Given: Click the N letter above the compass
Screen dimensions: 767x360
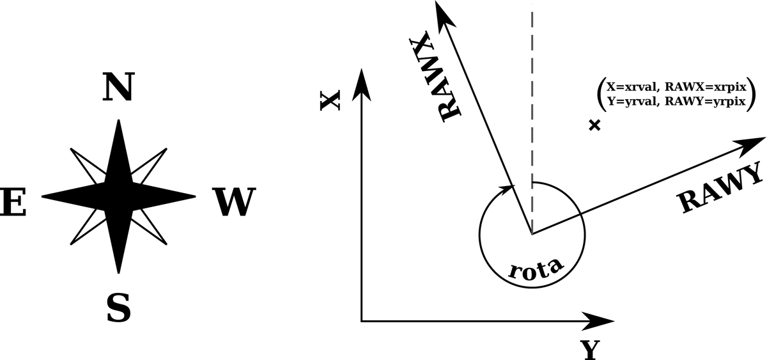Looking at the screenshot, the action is (118, 87).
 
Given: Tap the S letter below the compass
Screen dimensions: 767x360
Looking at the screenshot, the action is (119, 308).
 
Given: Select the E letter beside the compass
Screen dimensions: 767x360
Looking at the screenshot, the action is (13, 202).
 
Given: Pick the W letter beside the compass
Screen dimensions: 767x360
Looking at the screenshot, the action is (234, 202).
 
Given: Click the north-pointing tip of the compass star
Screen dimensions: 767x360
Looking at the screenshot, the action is (118, 120).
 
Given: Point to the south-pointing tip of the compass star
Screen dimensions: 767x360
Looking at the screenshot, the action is (118, 273).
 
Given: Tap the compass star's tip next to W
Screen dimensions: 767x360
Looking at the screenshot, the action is (195, 196).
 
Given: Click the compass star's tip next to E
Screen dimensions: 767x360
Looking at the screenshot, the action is (42, 196).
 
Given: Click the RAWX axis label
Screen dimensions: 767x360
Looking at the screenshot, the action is (435, 77).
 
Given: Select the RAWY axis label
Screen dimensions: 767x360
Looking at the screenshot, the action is (722, 189).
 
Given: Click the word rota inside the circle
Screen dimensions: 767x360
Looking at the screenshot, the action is (535, 268).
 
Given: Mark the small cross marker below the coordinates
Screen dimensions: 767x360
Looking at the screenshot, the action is (595, 125).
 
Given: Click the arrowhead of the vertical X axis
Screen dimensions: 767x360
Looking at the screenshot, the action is (362, 86).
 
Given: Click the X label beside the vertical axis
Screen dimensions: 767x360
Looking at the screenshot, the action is (330, 100).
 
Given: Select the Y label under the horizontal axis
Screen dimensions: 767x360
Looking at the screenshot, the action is (591, 350).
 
